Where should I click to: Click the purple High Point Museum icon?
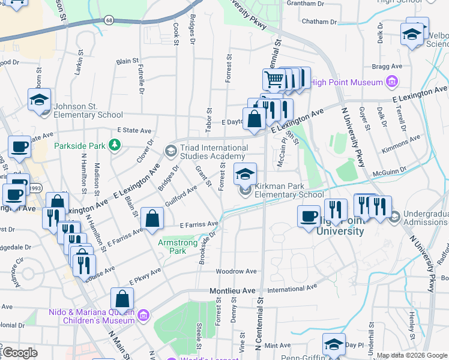[392, 82]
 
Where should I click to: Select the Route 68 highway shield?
[108, 20]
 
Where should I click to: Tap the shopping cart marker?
[274, 79]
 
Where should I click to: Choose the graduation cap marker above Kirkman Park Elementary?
[244, 174]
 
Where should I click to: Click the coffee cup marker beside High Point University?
[310, 216]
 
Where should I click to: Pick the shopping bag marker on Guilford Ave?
[152, 219]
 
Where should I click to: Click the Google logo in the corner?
[20, 353]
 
